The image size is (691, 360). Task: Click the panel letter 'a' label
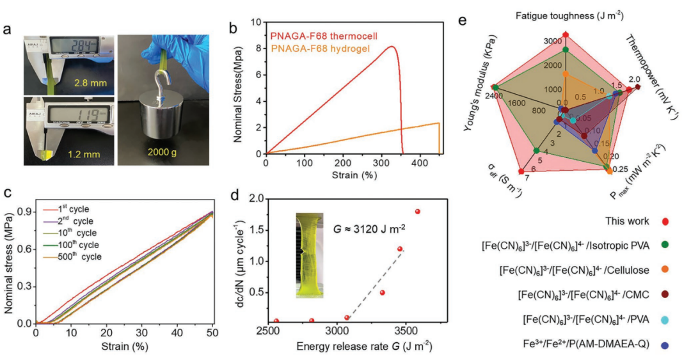point(8,29)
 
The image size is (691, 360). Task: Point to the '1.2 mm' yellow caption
point(84,154)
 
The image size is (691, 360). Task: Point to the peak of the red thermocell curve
point(392,46)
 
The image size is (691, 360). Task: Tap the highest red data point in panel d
point(418,212)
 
